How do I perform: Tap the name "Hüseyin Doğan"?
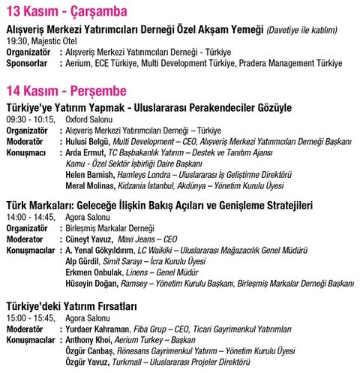click(92, 283)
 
